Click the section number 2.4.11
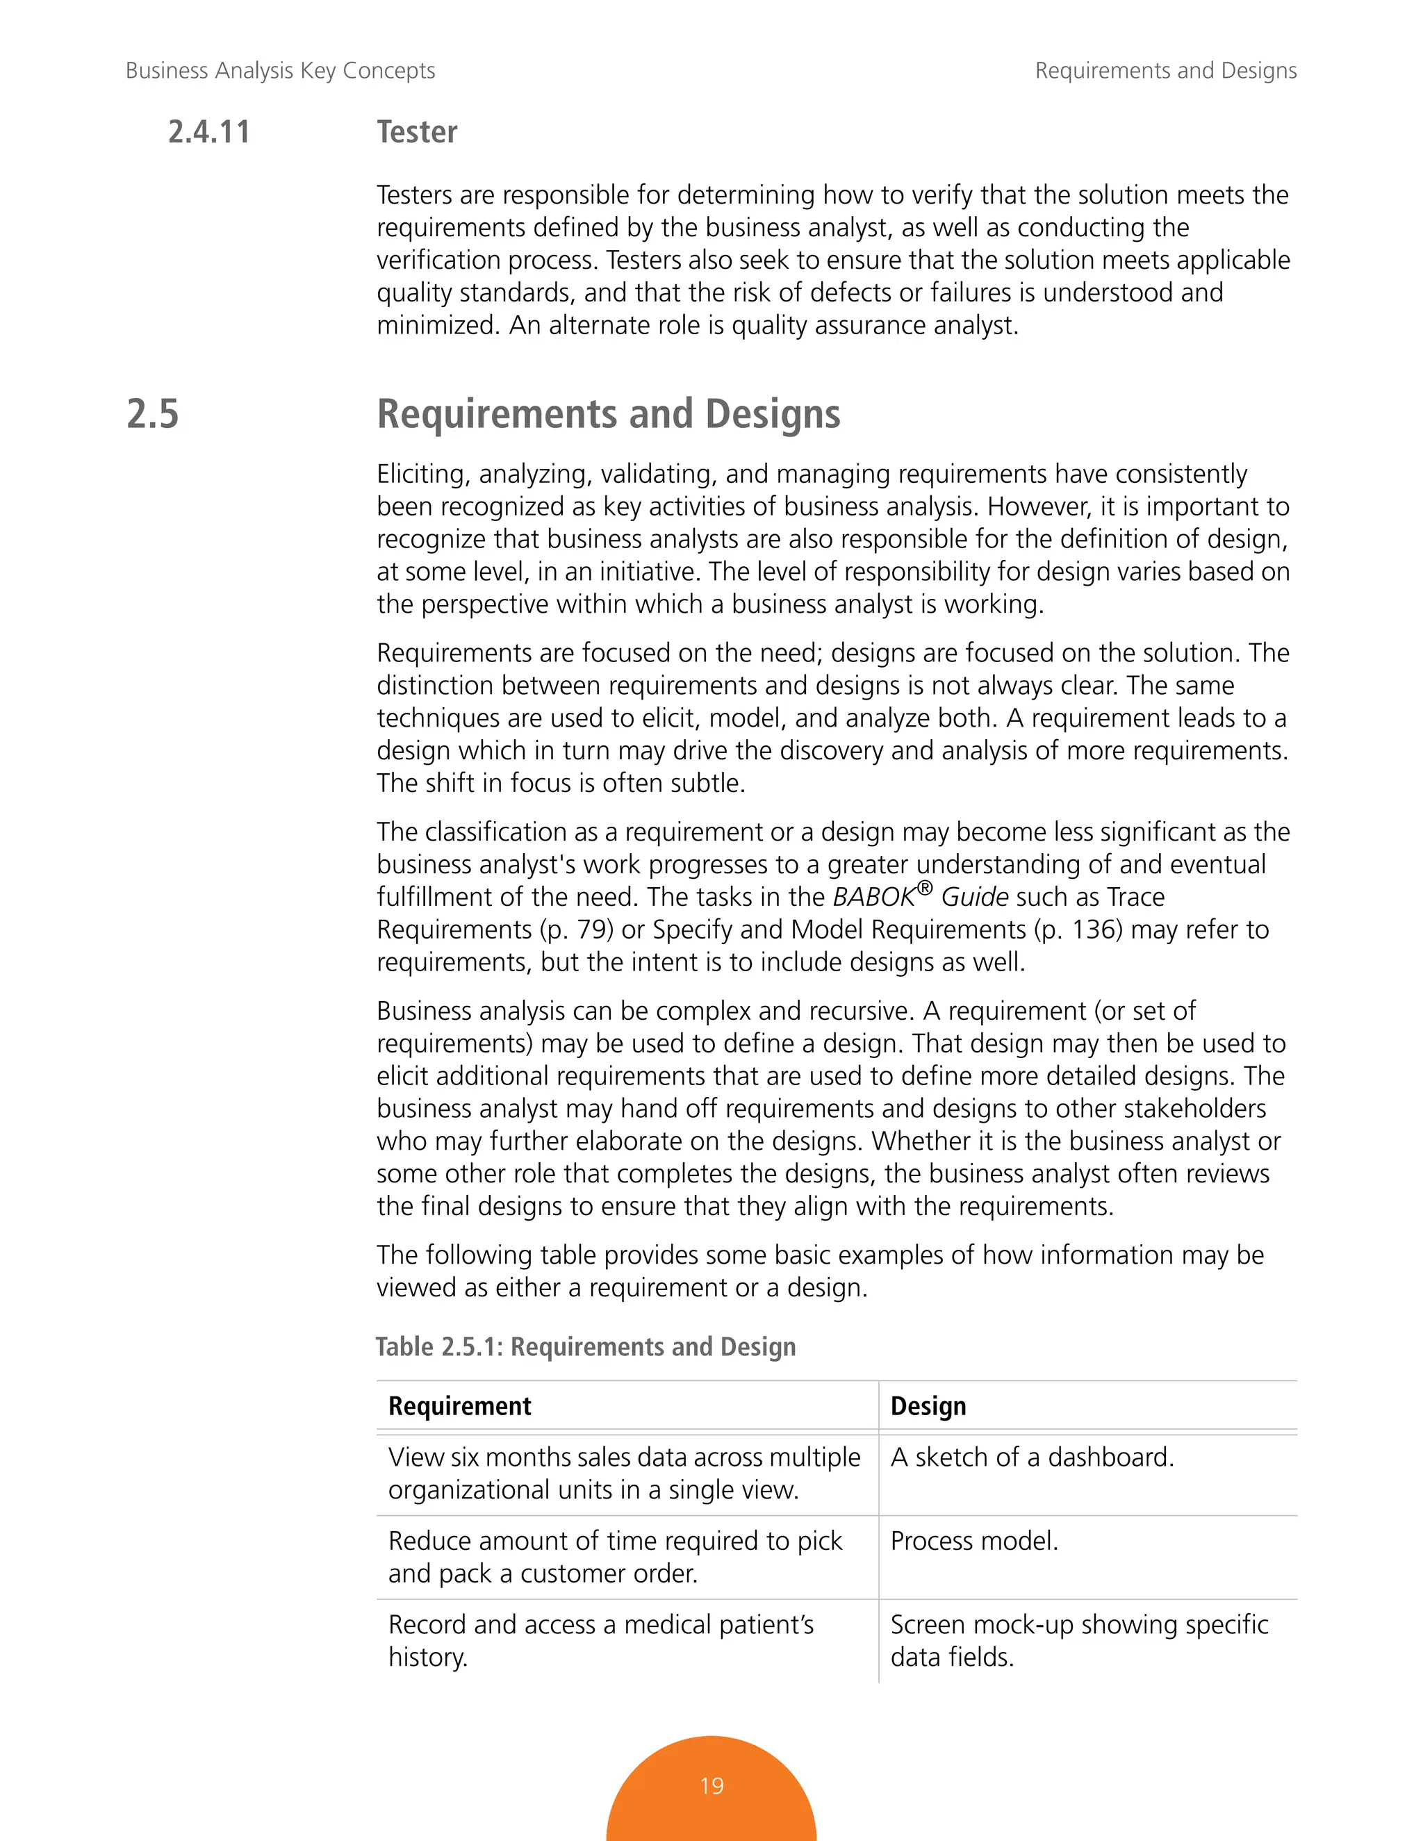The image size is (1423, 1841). (208, 132)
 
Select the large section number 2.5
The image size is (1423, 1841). (153, 414)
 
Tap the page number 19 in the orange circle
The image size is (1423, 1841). (711, 1785)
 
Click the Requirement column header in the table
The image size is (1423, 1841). (459, 1406)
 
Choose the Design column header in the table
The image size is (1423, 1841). (928, 1406)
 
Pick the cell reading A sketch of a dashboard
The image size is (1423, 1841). (1032, 1458)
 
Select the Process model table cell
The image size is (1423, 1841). (973, 1541)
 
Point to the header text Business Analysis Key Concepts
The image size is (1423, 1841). (280, 70)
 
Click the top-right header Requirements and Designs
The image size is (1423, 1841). (1165, 70)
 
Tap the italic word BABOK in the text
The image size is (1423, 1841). (873, 898)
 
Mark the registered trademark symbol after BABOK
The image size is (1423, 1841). (925, 889)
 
